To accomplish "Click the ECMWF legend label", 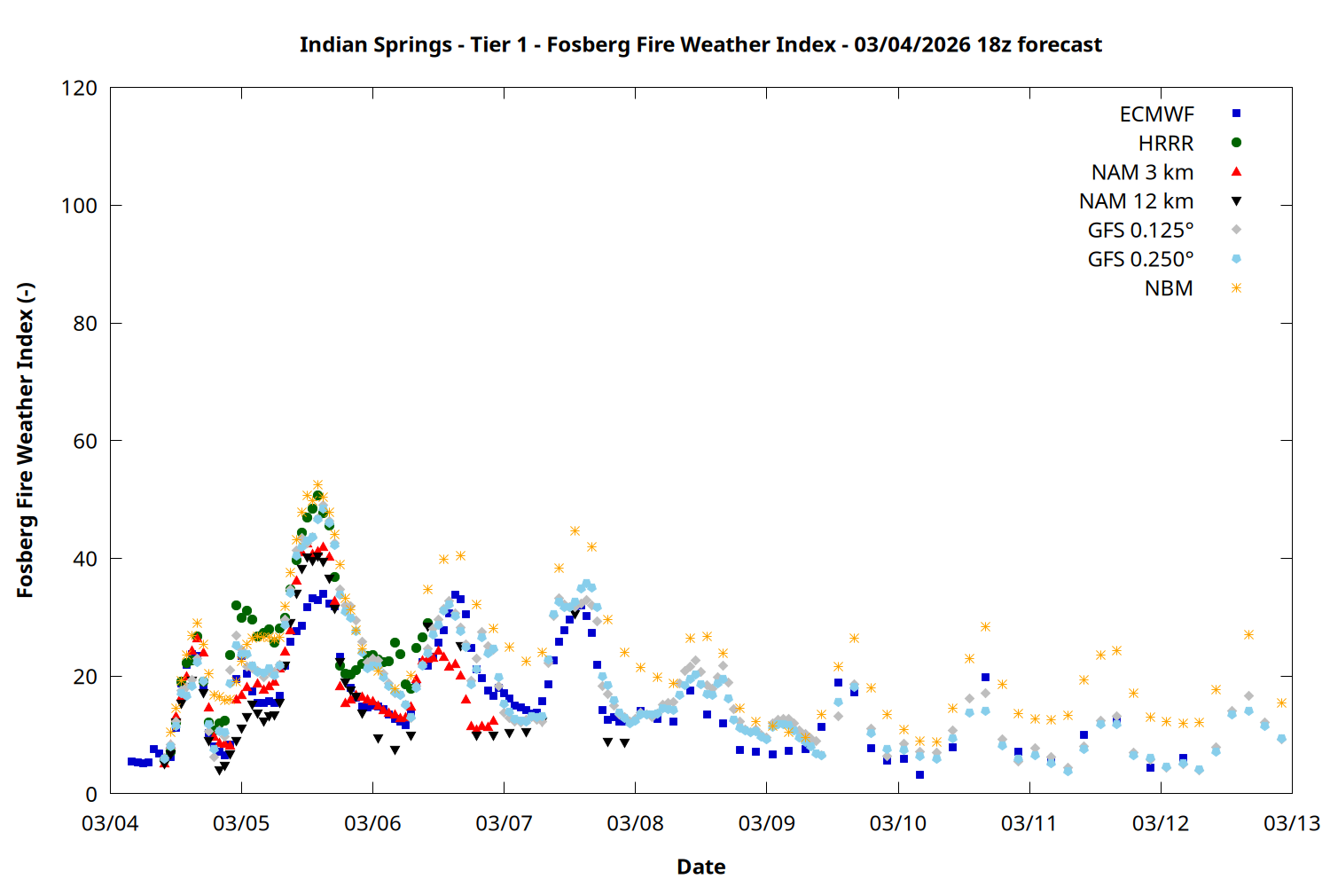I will (x=1156, y=114).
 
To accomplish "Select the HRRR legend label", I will (x=1166, y=144).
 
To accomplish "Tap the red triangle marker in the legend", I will (x=1236, y=172).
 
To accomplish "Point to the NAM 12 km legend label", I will (x=1136, y=201).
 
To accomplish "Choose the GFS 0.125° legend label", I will (x=1140, y=231).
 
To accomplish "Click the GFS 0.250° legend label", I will (x=1140, y=260).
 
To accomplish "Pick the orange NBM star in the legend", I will (x=1236, y=288).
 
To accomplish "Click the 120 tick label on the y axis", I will (x=79, y=88).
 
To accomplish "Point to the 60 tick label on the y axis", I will (x=85, y=441).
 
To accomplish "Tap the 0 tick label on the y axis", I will (x=91, y=794).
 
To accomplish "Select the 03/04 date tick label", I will (x=110, y=823).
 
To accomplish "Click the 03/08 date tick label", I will (x=635, y=823).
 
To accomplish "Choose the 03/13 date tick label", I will (x=1291, y=823).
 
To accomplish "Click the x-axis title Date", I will (x=700, y=867).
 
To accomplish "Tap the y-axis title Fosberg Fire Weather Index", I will (x=25, y=441).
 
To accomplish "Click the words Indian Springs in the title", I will (x=375, y=44).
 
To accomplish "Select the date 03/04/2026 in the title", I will (x=912, y=44).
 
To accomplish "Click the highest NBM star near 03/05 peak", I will (x=317, y=485).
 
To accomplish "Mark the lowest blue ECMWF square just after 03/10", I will (x=920, y=775).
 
